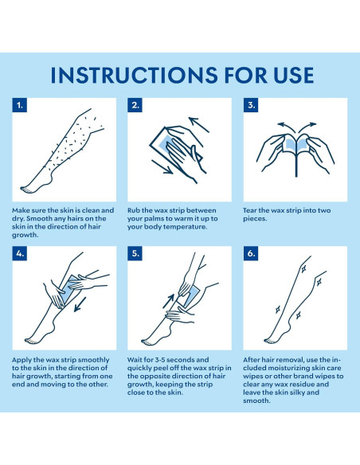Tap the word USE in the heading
[x=289, y=75]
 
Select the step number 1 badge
[x=20, y=105]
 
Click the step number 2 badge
[x=135, y=105]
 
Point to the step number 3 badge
[x=251, y=105]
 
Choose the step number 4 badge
[x=20, y=253]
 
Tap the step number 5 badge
[x=135, y=253]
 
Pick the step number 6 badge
[x=251, y=253]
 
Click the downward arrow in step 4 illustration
[x=80, y=305]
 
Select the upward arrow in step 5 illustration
[x=168, y=301]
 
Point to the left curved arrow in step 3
[x=287, y=127]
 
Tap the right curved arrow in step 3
[x=307, y=127]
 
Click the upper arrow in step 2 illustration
[x=198, y=124]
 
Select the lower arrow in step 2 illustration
[x=162, y=167]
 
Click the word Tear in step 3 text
[x=249, y=210]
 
